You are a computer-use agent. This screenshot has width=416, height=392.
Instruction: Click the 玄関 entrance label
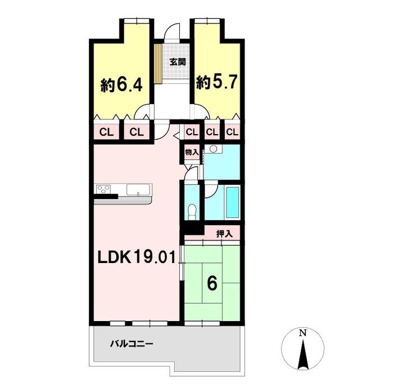tap(178, 62)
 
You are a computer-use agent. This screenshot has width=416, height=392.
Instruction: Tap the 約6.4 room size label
tap(121, 85)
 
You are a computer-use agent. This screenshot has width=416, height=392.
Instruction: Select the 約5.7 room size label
tap(216, 82)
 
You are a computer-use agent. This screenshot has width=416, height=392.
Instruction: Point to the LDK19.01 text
tap(137, 258)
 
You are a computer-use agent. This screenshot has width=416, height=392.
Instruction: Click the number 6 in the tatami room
tap(212, 283)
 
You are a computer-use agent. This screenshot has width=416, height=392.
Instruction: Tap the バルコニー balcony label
tap(132, 344)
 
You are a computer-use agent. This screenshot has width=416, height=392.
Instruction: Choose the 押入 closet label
tap(224, 234)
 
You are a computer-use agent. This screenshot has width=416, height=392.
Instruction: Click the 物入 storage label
tap(192, 152)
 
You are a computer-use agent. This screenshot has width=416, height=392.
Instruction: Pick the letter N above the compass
tap(302, 333)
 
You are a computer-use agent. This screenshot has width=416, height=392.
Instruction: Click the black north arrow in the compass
tap(302, 355)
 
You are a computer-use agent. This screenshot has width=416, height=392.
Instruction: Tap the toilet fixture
tap(192, 212)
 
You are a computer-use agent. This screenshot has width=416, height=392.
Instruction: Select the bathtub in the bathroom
tap(232, 202)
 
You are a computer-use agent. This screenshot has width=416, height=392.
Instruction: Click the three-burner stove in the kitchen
tap(103, 189)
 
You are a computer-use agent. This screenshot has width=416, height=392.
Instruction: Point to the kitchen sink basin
tap(138, 189)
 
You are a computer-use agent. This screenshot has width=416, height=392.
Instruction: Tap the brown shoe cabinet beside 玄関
tap(158, 63)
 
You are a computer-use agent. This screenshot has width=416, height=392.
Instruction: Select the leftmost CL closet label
tap(106, 132)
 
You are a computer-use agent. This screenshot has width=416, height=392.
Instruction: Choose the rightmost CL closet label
tap(232, 132)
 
